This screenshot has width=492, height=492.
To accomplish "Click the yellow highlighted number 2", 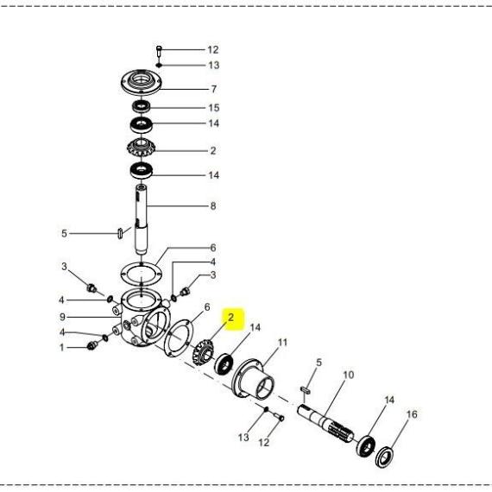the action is tap(231, 318).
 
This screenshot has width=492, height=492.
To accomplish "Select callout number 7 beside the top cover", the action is tap(214, 89).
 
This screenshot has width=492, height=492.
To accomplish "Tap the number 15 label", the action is tap(214, 108).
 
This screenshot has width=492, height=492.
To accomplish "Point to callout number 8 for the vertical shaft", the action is tap(213, 205).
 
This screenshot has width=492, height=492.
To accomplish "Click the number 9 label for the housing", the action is tap(62, 317).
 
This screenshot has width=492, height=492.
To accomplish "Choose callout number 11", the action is tap(282, 343).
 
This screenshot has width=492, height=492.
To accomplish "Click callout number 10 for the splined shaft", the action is tap(349, 375).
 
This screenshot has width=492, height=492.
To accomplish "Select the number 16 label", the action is tap(412, 414).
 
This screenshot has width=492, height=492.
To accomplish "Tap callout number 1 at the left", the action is tap(62, 347).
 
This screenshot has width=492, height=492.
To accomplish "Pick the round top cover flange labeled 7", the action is tap(142, 82).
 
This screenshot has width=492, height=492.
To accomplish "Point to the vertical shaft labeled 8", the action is tap(142, 219).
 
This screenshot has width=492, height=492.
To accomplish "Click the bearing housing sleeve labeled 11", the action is tap(254, 378).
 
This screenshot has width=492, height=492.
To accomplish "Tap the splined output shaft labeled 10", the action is tap(325, 423).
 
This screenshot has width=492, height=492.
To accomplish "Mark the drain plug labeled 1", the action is tap(92, 345).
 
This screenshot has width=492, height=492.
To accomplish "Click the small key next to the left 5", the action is tap(120, 234).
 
